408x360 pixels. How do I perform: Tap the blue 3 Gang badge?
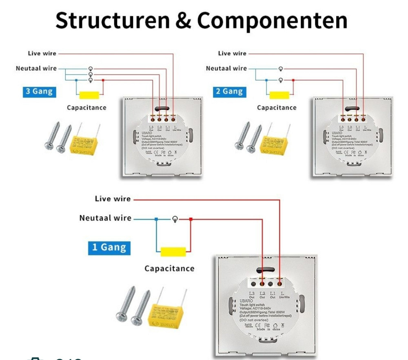(x=39, y=91)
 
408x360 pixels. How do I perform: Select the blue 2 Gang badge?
(x=229, y=91)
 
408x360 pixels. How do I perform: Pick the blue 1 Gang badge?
(x=109, y=247)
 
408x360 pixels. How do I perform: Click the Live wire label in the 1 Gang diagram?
(x=113, y=199)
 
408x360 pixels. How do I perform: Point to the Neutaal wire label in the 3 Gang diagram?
(x=36, y=68)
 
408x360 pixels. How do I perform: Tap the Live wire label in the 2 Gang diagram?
(x=232, y=53)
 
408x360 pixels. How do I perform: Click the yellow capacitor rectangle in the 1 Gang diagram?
(x=173, y=252)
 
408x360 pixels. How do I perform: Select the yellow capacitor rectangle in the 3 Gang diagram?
(x=89, y=95)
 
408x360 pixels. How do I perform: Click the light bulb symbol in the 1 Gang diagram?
(x=175, y=219)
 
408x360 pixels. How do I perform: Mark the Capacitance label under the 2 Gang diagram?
(x=277, y=108)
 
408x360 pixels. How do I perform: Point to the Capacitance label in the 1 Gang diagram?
(x=169, y=269)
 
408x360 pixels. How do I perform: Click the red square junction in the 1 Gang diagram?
(x=191, y=219)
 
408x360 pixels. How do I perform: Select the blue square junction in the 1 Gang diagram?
(x=156, y=219)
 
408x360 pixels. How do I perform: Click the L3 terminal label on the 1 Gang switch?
(x=251, y=294)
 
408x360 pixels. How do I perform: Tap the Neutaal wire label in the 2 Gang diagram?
(x=226, y=68)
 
